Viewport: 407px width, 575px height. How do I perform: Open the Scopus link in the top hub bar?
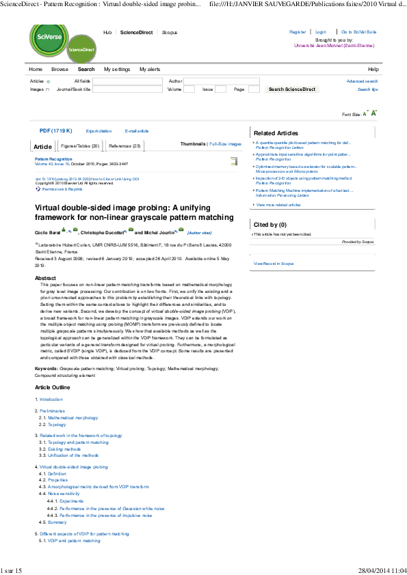(x=170, y=32)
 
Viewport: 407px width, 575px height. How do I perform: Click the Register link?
(x=298, y=32)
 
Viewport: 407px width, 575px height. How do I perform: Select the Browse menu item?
(x=60, y=70)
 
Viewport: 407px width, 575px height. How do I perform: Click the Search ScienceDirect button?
(x=292, y=89)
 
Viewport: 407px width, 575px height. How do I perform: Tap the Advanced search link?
(x=362, y=81)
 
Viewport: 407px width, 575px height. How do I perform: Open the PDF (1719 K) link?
(x=55, y=130)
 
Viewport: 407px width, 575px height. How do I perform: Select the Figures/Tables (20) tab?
(x=80, y=146)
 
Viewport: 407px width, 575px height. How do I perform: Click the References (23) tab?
(x=124, y=146)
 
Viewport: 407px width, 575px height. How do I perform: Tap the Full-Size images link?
(x=225, y=144)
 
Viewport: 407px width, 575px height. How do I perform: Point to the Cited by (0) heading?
(x=270, y=225)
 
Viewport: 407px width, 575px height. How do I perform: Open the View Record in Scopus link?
(x=273, y=263)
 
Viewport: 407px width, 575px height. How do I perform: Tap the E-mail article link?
(x=136, y=130)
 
